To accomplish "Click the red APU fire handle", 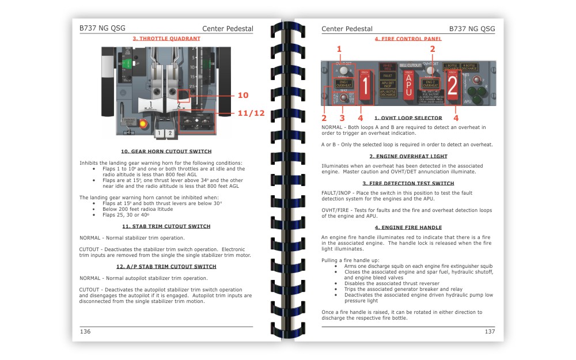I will [x=409, y=85].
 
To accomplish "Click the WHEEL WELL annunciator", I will [x=387, y=67].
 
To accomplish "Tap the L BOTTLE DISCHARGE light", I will [x=452, y=67].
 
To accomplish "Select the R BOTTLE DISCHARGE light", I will [x=470, y=67].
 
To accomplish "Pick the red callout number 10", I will [x=242, y=95].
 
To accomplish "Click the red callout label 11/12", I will [x=251, y=113].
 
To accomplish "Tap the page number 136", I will [x=85, y=331].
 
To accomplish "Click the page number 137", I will [x=490, y=331].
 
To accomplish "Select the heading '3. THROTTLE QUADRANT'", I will [x=166, y=39].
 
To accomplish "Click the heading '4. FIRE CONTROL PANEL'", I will [x=408, y=39].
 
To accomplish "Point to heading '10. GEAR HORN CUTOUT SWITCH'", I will [x=166, y=151].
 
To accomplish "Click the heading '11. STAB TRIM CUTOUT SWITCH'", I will [x=166, y=226].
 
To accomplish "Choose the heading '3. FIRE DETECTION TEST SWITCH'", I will [x=408, y=183].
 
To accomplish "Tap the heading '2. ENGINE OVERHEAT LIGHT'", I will [x=408, y=156].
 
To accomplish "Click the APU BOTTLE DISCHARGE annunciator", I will [x=387, y=93].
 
